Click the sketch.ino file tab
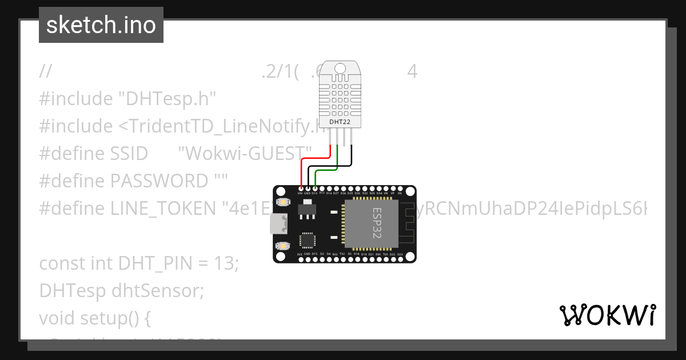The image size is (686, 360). [x=101, y=25]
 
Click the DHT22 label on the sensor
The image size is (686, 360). [x=340, y=122]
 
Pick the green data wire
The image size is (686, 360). [x=327, y=170]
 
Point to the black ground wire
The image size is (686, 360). [x=332, y=166]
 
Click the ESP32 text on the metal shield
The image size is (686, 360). [x=377, y=223]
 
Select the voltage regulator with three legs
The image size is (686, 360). [x=307, y=210]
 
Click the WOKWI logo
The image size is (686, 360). [x=607, y=315]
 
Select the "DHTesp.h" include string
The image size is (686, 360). [x=167, y=98]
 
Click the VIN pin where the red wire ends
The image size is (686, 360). [x=301, y=189]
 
